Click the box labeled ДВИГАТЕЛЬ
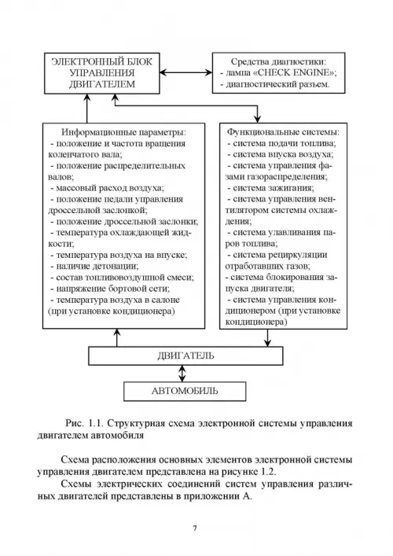185,355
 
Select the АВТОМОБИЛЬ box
185,391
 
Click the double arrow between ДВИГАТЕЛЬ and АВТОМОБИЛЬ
182,374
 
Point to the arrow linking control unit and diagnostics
186,72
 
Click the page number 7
195,528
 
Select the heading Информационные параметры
123,132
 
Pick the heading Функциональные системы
283,132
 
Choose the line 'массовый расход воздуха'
107,188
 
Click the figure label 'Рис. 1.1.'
84,423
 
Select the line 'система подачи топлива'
282,143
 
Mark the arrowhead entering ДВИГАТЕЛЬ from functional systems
267,343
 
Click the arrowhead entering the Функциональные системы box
258,119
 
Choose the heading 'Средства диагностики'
278,61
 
